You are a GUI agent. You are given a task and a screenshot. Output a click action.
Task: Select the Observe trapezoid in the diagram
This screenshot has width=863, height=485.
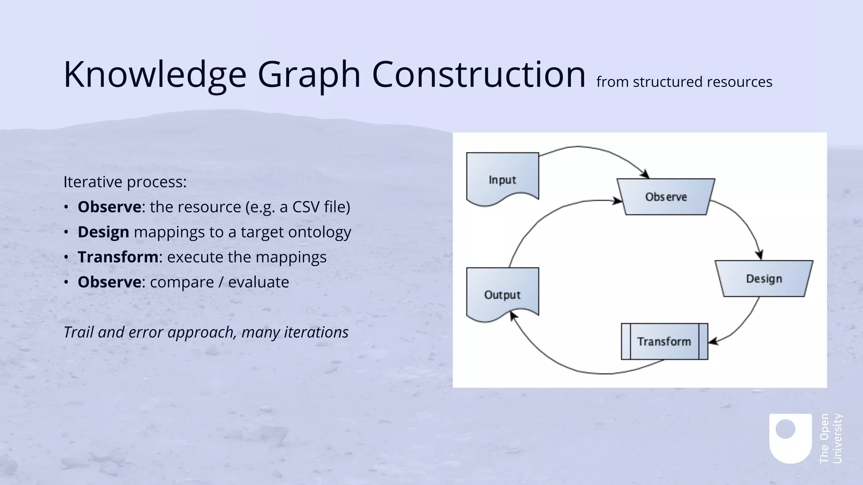(x=666, y=197)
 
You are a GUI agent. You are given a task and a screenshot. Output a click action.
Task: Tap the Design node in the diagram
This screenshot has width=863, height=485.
(x=764, y=278)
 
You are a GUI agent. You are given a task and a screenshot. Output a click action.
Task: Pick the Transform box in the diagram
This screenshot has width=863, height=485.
(x=664, y=341)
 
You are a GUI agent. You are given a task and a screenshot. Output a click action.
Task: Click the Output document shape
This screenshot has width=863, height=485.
(x=502, y=294)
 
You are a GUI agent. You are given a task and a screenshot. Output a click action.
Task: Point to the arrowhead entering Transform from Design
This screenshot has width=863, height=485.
(x=712, y=341)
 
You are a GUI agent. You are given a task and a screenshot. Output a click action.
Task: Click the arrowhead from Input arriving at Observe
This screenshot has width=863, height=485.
(x=645, y=174)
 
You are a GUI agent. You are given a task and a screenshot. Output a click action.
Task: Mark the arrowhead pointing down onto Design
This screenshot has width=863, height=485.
(x=760, y=255)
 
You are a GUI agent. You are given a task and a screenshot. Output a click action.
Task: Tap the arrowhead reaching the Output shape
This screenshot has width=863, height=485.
(x=512, y=315)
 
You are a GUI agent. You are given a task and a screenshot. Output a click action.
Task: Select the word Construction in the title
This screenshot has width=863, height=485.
(x=478, y=74)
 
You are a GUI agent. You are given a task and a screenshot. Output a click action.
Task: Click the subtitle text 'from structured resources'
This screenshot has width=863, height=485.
(x=684, y=82)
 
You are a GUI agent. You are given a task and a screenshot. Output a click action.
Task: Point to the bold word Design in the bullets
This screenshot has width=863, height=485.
(x=103, y=232)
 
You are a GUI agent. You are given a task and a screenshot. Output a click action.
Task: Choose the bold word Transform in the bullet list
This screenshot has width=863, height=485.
(x=118, y=257)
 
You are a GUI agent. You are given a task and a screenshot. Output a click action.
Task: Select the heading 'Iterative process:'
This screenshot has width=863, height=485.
(x=125, y=182)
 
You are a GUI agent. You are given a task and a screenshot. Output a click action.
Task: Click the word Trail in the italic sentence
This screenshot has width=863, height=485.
(x=78, y=332)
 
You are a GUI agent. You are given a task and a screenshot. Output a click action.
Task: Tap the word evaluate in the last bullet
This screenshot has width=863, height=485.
(x=258, y=282)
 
